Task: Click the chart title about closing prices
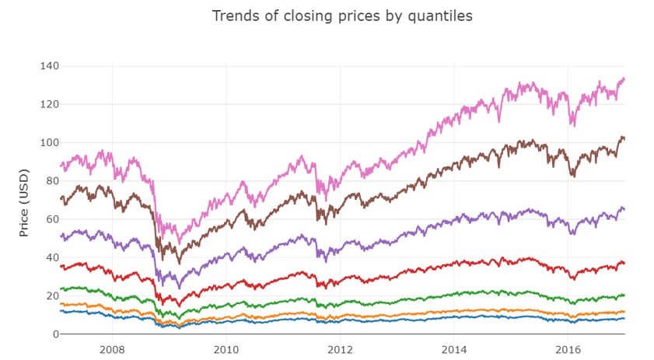342,16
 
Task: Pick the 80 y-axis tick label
51,181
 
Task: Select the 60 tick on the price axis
51,219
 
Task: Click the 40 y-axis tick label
51,257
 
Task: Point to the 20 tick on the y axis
51,296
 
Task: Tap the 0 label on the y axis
54,334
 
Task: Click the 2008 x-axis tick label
112,349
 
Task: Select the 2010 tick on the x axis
226,349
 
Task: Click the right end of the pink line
624,79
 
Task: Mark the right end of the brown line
624,138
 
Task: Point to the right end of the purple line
624,210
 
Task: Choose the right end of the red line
624,264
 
